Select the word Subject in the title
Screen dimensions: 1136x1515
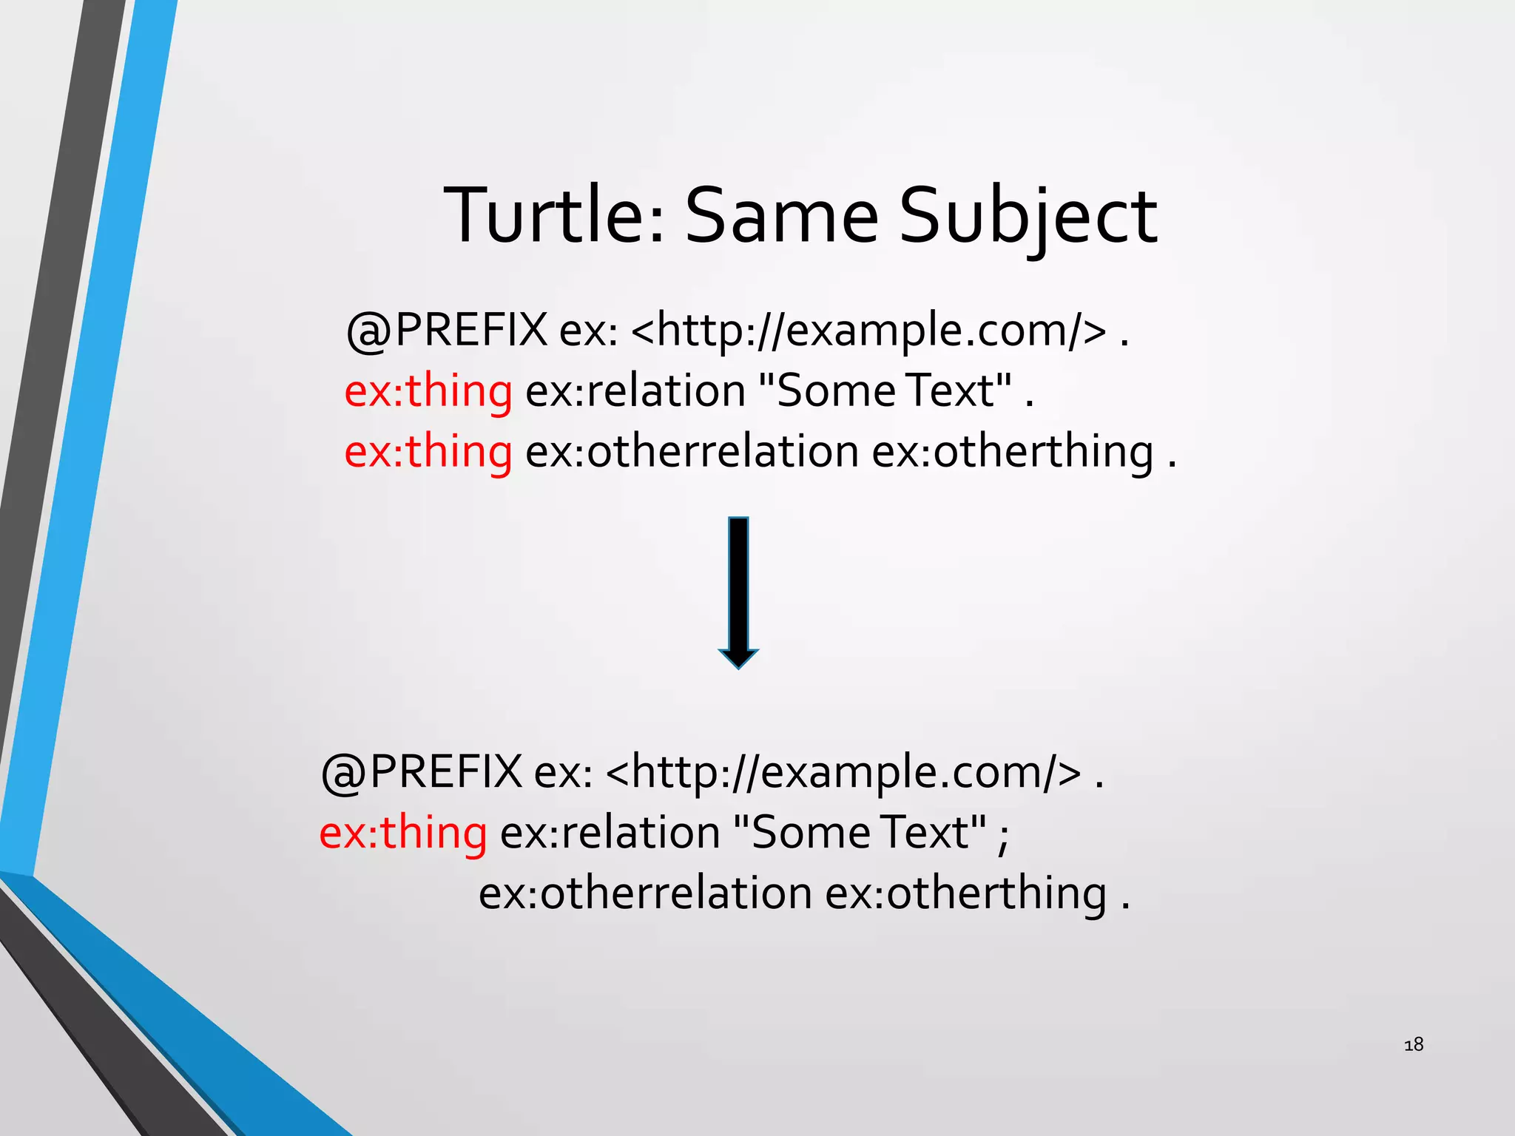tap(1028, 216)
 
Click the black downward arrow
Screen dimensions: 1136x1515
tap(738, 592)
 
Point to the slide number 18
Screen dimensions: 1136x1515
tap(1414, 1044)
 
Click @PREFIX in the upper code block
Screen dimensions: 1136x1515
tap(447, 330)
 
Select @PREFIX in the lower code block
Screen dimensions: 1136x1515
tap(422, 772)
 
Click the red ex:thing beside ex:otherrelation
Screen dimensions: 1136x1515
tap(428, 451)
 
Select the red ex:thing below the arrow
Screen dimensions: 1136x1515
tap(403, 833)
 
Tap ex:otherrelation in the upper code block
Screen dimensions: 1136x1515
tap(692, 451)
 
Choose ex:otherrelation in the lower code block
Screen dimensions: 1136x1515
tap(645, 893)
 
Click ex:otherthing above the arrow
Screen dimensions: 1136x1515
tap(1012, 451)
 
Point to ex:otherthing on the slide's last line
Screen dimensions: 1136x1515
tap(965, 893)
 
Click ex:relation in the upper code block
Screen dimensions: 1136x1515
tap(635, 390)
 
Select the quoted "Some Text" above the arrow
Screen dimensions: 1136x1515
tap(885, 390)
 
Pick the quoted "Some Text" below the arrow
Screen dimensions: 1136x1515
tap(860, 833)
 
